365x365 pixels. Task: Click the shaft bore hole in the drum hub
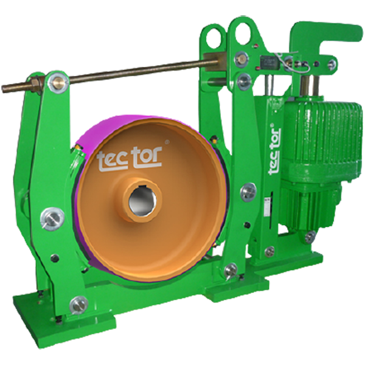point(142,201)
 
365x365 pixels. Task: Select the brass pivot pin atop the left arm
point(57,82)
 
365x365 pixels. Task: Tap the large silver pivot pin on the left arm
point(52,219)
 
